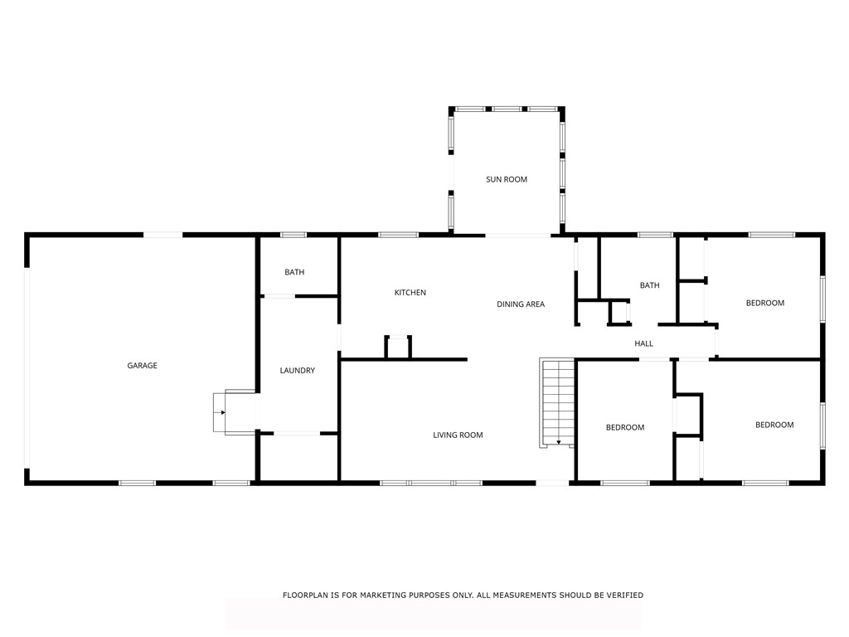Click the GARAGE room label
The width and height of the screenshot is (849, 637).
pos(142,366)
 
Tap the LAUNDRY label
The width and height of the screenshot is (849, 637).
pos(297,371)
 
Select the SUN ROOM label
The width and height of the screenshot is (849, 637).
pos(506,179)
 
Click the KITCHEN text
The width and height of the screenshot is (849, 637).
pos(410,293)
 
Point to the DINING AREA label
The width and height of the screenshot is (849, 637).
pos(521,304)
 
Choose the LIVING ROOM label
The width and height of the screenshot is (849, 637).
pos(458,435)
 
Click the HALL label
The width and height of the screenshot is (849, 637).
pos(643,343)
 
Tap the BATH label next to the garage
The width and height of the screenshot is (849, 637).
pos(294,272)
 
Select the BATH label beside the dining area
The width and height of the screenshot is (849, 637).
pos(649,285)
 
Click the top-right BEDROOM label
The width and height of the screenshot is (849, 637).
pos(764,303)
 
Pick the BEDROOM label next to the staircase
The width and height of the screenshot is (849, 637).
pos(624,427)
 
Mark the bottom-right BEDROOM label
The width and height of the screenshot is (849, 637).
pos(774,425)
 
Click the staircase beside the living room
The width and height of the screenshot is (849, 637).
pos(557,401)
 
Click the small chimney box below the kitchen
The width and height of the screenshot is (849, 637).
pos(398,347)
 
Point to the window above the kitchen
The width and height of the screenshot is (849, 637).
pos(398,235)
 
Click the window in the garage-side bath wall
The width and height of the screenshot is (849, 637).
pos(294,235)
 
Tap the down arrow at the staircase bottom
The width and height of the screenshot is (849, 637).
pos(559,442)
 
